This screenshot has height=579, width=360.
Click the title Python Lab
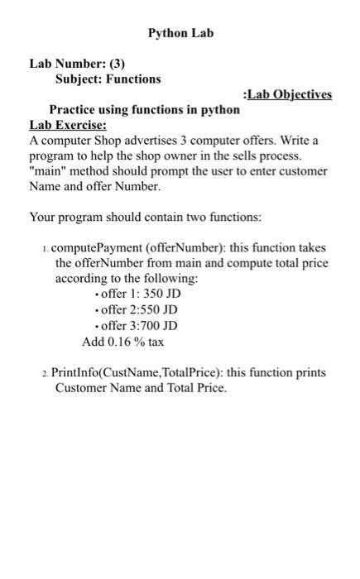[x=180, y=33]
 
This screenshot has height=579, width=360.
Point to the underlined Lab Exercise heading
[x=68, y=125]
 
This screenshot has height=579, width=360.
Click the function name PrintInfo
[x=74, y=373]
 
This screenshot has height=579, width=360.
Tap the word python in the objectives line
[x=222, y=109]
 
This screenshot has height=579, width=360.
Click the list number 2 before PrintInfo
[x=45, y=374]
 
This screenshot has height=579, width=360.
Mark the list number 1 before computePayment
[x=45, y=249]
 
